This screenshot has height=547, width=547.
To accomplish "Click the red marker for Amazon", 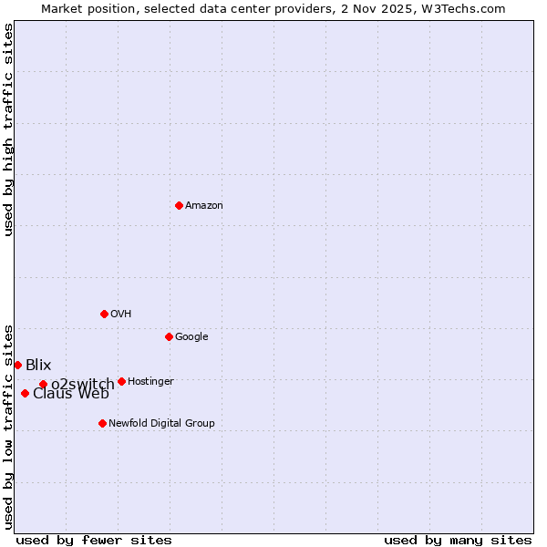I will point(179,205).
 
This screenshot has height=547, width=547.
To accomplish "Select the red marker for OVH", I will point(104,314).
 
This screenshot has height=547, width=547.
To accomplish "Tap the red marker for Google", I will point(169,336).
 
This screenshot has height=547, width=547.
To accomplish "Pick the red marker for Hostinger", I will point(121,381).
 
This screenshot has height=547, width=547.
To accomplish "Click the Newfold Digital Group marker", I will point(102,423).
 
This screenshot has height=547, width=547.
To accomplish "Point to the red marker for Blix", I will point(17,365).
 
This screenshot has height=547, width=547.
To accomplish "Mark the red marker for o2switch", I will point(43,384).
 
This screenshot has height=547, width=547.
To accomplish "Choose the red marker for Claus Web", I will point(25,393).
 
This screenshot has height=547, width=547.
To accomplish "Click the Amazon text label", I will point(204,206).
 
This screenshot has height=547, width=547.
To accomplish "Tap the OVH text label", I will point(121,315).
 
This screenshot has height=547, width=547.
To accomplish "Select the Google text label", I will point(191,337).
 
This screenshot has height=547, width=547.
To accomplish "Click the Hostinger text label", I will point(150,382).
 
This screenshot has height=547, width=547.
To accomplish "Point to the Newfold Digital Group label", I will point(161,424).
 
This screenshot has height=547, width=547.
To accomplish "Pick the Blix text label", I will point(38,366).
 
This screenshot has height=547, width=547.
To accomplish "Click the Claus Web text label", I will point(71,395).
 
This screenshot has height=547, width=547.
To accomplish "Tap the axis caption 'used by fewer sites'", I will point(94,540).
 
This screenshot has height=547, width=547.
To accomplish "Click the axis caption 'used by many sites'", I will point(458,540).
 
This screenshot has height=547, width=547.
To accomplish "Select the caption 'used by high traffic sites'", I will point(9,129).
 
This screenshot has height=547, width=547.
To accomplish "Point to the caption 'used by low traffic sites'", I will point(9,426).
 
